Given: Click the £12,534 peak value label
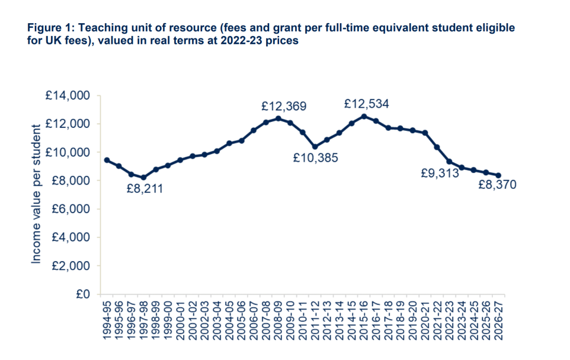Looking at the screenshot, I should pos(366,104).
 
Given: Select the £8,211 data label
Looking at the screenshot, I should pos(145,188).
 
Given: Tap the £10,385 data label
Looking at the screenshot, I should pos(316,158).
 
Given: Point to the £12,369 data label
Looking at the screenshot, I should pos(284,106).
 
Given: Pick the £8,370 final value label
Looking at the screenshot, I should pos(497,185).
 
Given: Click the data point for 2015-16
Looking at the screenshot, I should pos(364,116).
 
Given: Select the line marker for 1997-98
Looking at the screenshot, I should pos(144,178).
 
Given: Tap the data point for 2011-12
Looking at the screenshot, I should pos(315,147).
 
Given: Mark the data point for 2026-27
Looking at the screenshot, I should pos(499,175).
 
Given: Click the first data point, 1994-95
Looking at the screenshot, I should pos(107,160).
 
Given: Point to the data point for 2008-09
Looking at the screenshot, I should pos(278,118).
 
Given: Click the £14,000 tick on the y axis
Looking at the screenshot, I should pos(68,96).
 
